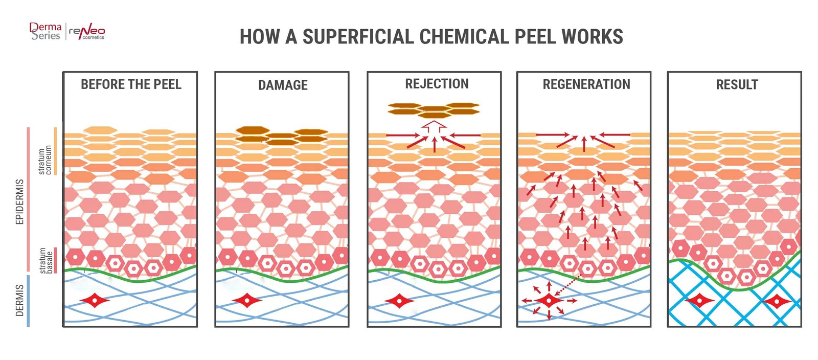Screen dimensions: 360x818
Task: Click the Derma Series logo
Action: coord(46,31)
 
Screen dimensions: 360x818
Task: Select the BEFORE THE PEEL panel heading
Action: coord(131,84)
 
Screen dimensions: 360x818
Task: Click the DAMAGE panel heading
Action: coord(283,85)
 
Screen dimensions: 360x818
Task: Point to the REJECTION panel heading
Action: coord(437,84)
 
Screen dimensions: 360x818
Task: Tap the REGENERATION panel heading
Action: coord(586,84)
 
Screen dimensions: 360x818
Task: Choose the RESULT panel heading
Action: coord(737,85)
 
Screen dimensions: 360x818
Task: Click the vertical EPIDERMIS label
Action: coord(20,201)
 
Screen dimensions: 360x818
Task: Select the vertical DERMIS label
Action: coord(20,300)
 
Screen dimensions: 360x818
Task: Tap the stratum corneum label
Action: coord(45,160)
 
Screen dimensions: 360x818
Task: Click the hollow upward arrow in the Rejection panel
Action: coord(434,126)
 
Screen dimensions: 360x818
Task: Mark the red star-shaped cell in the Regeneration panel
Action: coord(549,301)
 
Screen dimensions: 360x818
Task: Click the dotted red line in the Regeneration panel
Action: coord(568,285)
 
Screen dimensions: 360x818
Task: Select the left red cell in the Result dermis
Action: coord(699,300)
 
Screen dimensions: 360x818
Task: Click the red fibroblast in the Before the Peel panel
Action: coord(95,300)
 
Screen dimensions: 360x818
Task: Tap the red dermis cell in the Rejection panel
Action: coord(399,301)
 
